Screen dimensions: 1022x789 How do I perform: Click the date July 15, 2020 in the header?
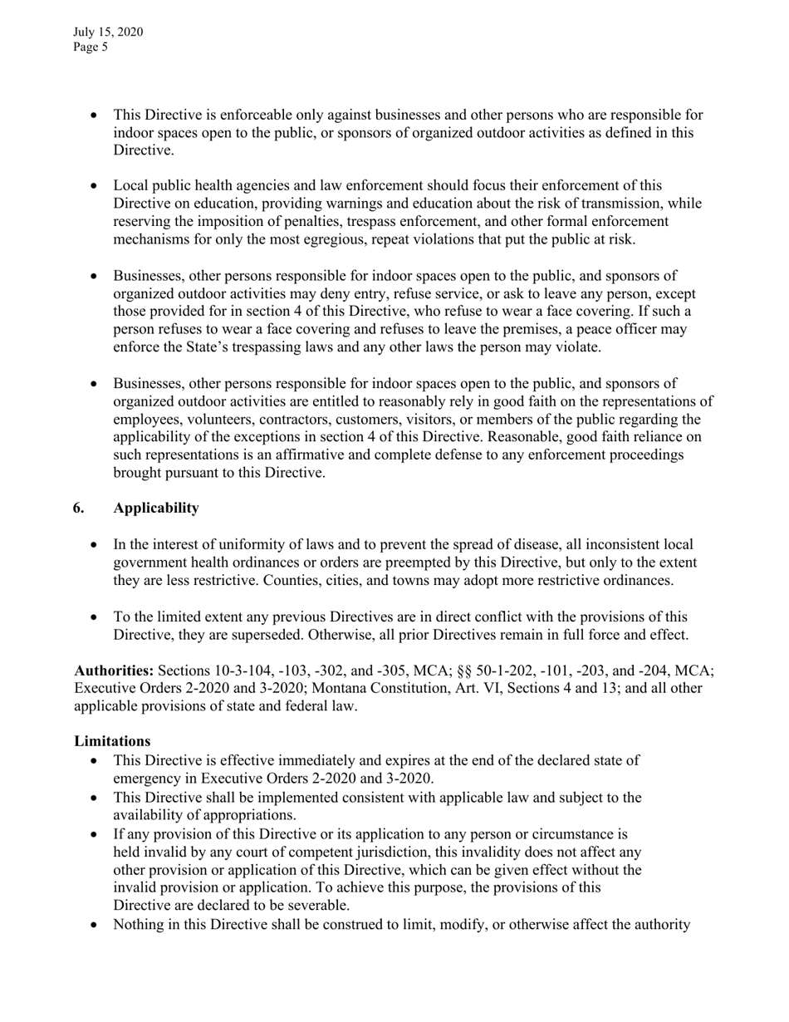pyautogui.click(x=108, y=32)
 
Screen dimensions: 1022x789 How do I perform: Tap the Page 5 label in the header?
pyautogui.click(x=91, y=47)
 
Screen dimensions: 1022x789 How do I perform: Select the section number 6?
pyautogui.click(x=78, y=508)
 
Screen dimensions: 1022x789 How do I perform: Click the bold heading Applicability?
pyautogui.click(x=156, y=508)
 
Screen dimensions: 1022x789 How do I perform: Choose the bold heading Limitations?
pyautogui.click(x=112, y=740)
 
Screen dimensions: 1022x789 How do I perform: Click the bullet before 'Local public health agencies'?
pyautogui.click(x=94, y=186)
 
